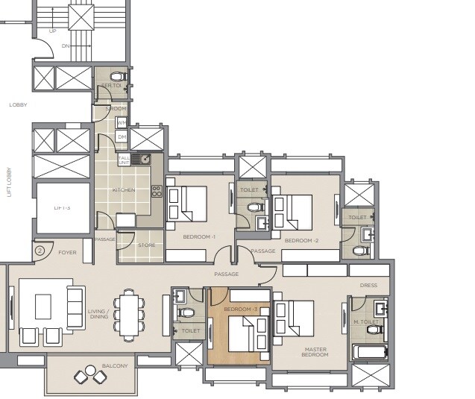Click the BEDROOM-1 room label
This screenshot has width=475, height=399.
(199, 237)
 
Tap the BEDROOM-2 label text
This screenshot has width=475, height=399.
(302, 240)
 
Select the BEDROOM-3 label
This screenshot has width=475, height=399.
(240, 309)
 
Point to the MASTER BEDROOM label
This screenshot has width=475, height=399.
(315, 351)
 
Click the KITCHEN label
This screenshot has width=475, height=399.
(123, 190)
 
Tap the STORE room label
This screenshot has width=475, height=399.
(146, 244)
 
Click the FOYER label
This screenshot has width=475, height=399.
(67, 253)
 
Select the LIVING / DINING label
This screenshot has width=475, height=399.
(98, 314)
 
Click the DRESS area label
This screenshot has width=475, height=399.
(368, 285)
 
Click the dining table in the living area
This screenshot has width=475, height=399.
(132, 314)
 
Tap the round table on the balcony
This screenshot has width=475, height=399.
(90, 378)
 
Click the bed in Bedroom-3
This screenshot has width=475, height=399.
(246, 333)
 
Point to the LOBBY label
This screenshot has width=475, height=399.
(18, 104)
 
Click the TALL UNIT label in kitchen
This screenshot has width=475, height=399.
(123, 160)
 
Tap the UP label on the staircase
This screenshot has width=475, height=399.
(52, 31)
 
